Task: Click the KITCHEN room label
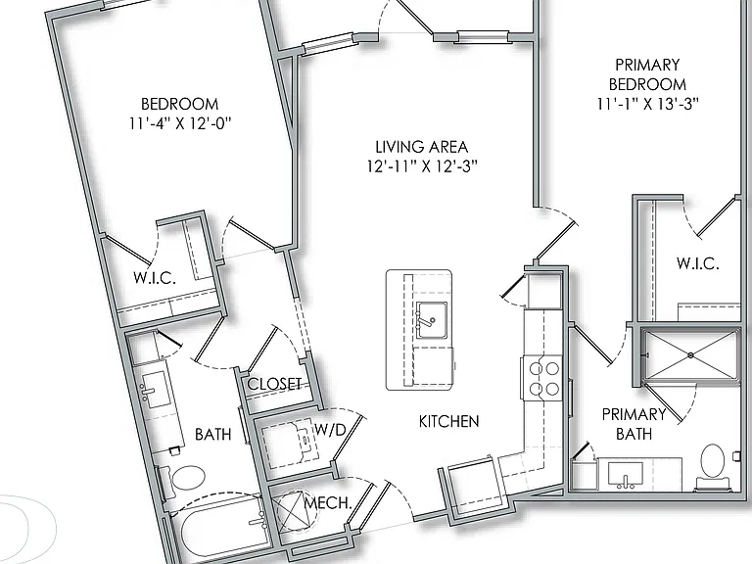(448, 421)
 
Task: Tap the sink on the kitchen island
(431, 320)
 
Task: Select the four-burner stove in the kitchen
(541, 377)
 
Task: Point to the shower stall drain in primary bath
(690, 355)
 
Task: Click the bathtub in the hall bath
(224, 527)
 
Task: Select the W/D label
(330, 429)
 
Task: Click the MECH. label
(328, 502)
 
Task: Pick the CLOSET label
(274, 384)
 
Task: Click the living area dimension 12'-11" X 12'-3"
(422, 165)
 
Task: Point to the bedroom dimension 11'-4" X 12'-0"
(180, 123)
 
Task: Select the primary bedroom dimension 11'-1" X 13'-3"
(647, 104)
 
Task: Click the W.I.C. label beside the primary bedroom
(698, 262)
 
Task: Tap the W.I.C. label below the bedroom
(155, 277)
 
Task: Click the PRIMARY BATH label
(634, 424)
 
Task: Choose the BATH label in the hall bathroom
(212, 434)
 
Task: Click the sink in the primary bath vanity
(626, 475)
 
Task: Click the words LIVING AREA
(422, 146)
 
